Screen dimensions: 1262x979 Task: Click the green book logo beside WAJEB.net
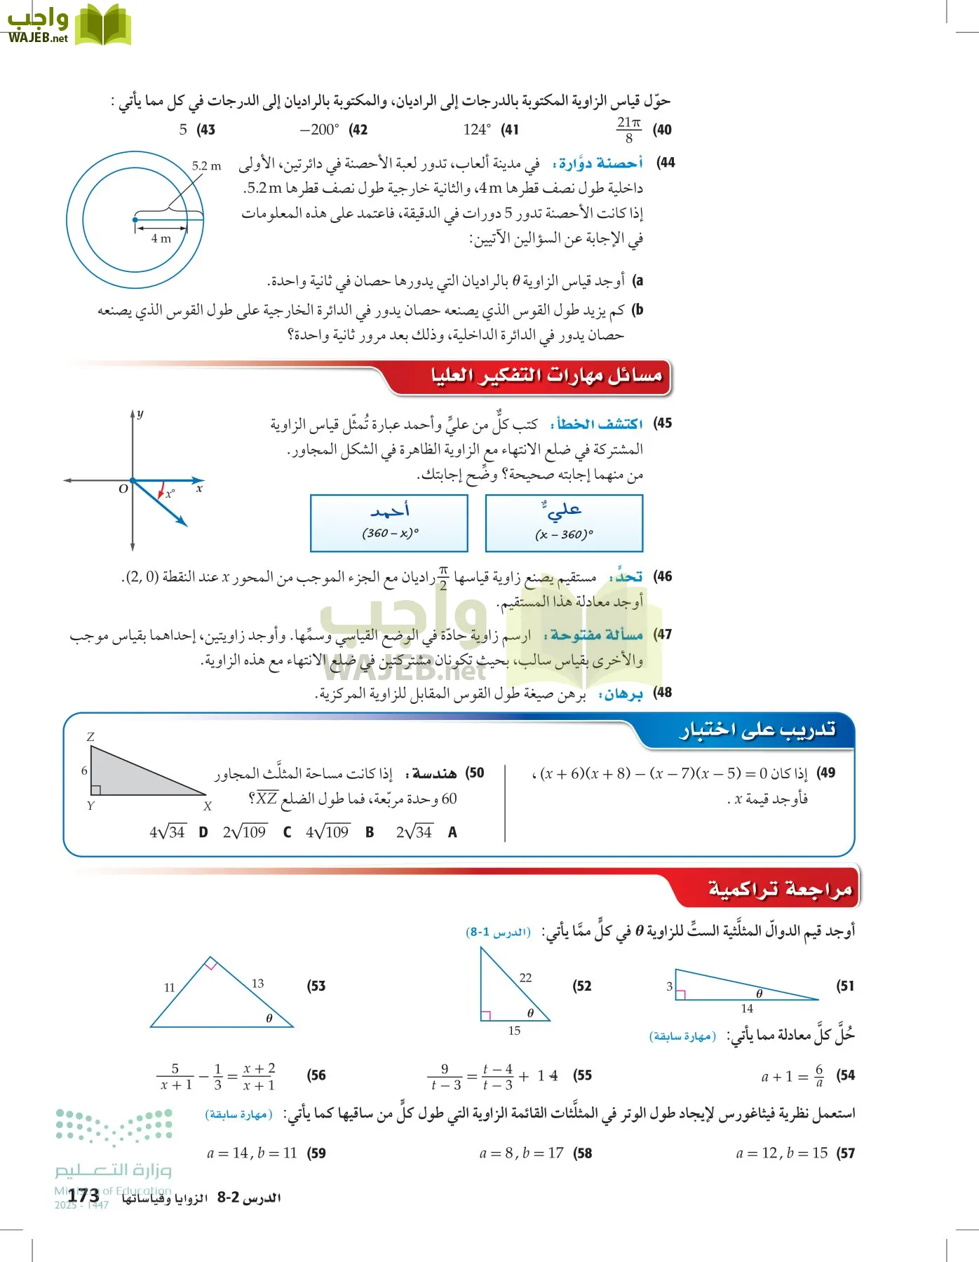pos(103,25)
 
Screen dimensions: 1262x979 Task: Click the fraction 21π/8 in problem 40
pos(628,130)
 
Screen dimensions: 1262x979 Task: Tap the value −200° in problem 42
pos(319,130)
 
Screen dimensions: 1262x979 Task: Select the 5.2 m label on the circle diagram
pos(206,166)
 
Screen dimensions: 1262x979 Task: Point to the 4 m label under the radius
pos(161,238)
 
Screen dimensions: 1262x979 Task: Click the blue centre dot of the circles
pos(135,220)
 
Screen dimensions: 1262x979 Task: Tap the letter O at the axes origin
pos(123,489)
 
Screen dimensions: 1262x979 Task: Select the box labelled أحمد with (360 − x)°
pos(389,523)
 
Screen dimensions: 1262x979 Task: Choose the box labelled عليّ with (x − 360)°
pos(564,523)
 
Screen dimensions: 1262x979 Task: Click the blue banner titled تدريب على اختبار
pos(757,731)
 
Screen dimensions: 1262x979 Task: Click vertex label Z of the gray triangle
pos(90,737)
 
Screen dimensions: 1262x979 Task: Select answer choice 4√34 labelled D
pos(168,832)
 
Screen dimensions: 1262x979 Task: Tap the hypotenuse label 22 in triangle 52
pos(525,977)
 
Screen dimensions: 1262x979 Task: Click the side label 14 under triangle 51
pos(747,1008)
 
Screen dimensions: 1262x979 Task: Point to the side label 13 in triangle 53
pos(257,984)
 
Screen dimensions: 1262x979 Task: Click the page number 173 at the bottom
pos(83,1197)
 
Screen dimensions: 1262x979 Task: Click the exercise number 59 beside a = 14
pos(316,1153)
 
